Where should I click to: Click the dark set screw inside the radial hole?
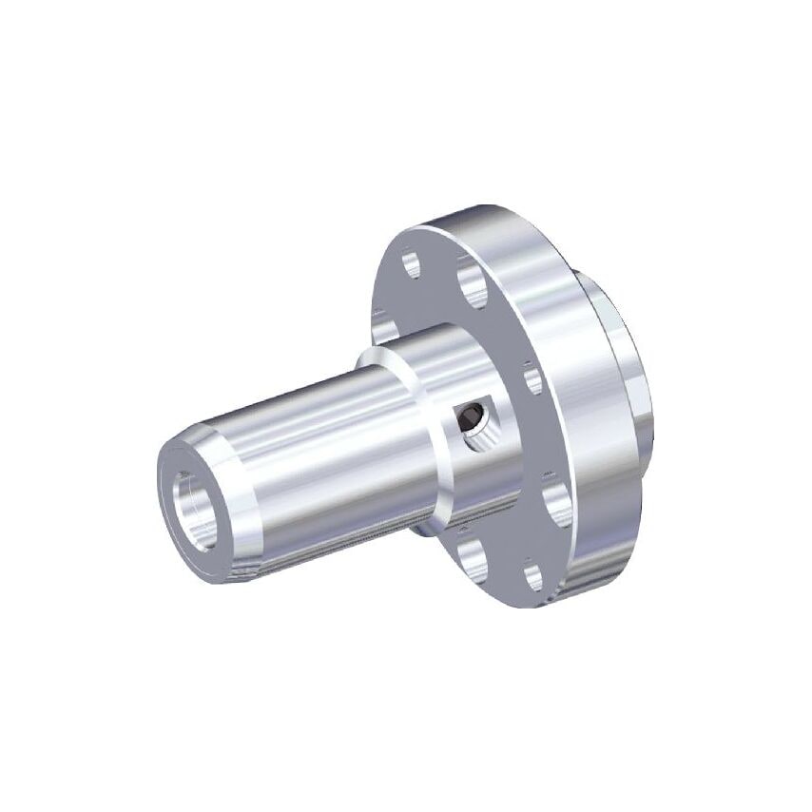pyautogui.click(x=468, y=416)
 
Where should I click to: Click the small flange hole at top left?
pyautogui.click(x=412, y=262)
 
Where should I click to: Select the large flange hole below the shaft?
pyautogui.click(x=472, y=559)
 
